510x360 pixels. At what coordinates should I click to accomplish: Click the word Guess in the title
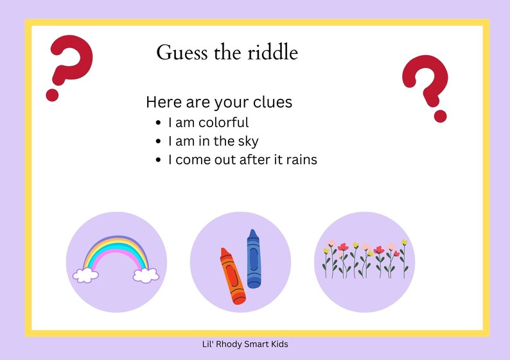[177, 53]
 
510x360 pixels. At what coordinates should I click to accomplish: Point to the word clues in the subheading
[272, 102]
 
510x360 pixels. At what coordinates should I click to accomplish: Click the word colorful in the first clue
[224, 122]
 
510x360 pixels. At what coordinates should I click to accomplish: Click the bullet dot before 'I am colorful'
[159, 123]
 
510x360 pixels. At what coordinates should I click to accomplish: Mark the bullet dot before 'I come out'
[159, 160]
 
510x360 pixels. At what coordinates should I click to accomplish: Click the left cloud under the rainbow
[85, 275]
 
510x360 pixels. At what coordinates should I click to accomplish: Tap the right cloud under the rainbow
[146, 275]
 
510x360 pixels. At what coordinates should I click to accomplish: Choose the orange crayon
[233, 275]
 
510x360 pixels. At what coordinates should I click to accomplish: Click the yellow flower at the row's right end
[404, 243]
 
